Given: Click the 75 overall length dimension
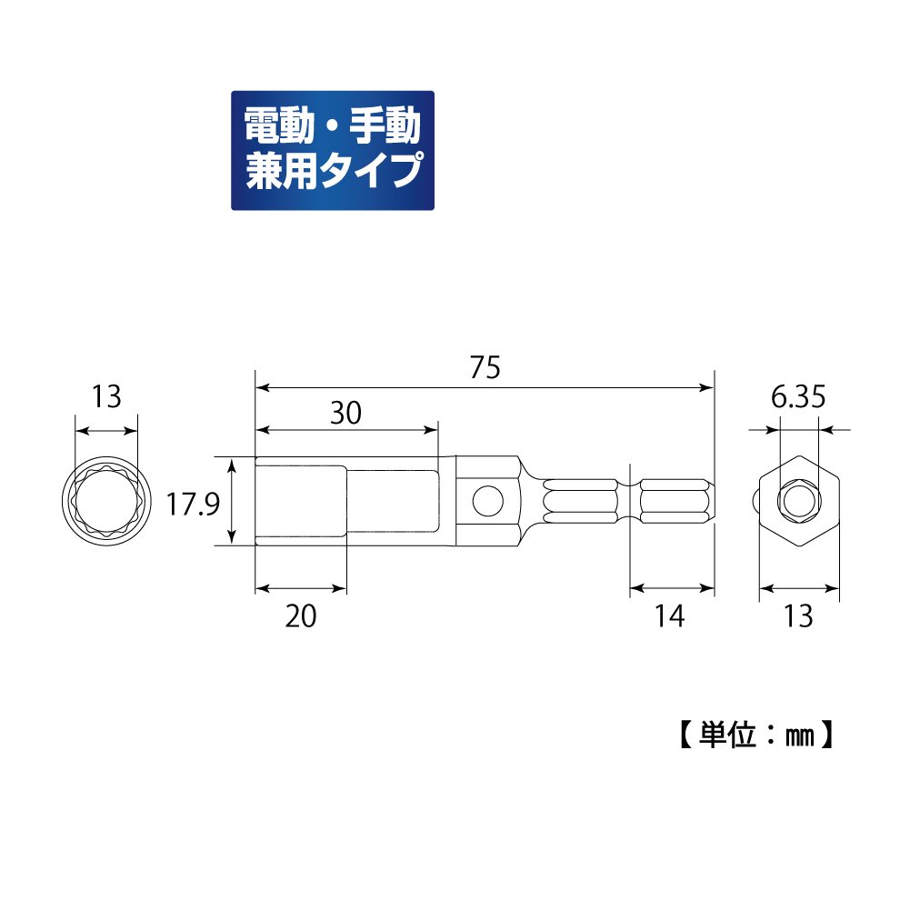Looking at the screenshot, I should [x=485, y=367].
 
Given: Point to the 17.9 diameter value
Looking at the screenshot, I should [x=194, y=503].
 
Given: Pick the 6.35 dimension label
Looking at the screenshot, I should [x=799, y=397].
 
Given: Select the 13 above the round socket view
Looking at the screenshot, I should [x=106, y=396].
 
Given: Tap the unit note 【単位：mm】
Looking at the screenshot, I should [x=755, y=734].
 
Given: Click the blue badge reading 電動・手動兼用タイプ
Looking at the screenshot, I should [x=333, y=150].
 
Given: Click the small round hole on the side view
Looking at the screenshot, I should [x=487, y=501].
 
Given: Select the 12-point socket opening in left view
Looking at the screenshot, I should [x=106, y=501].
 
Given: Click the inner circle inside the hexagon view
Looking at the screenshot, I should [x=799, y=501].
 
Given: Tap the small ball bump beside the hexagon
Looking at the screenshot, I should [x=757, y=501].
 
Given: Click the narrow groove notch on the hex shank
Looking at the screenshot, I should [x=631, y=501].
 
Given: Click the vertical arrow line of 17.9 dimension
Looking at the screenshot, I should [x=234, y=501].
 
